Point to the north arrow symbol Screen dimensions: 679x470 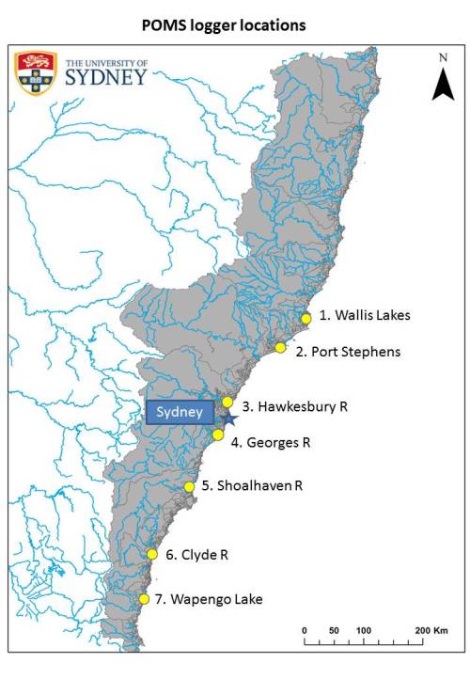click(x=443, y=81)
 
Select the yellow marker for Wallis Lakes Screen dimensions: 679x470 click(x=305, y=319)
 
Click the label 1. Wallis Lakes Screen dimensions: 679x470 click(x=365, y=316)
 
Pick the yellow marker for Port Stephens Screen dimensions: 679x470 click(x=280, y=348)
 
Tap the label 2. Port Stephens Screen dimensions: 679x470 click(x=348, y=352)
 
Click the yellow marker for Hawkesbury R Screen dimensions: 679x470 click(x=227, y=403)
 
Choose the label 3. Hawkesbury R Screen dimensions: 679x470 click(x=295, y=407)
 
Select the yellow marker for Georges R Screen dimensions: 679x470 click(x=218, y=434)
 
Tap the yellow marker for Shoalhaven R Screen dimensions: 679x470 click(x=190, y=487)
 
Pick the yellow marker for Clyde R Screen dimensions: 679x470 click(x=151, y=554)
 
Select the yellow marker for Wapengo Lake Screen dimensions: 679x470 click(x=144, y=599)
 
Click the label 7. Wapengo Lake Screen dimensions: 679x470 click(x=211, y=599)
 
